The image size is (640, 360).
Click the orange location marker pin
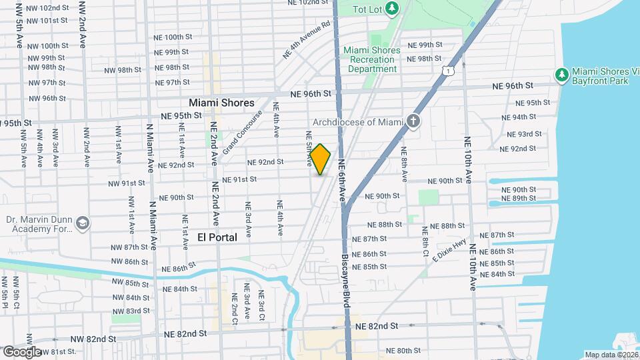[321, 159]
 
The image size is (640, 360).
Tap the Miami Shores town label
[221, 103]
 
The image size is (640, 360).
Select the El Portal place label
[217, 237]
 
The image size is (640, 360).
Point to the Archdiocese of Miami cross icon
[413, 121]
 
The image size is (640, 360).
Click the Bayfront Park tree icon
[561, 73]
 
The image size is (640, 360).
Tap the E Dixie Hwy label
[451, 251]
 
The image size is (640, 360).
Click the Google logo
[21, 351]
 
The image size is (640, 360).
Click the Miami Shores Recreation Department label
[372, 59]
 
